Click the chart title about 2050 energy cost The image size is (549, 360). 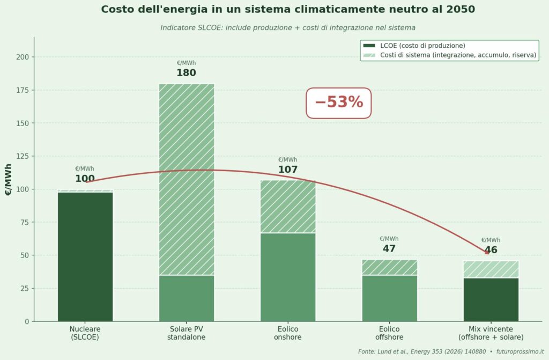[287, 10]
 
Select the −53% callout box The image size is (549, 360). [338, 102]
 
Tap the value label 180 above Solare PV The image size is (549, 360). [186, 73]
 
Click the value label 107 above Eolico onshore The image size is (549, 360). [287, 170]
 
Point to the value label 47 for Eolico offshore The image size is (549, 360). [389, 248]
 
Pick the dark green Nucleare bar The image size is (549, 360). [85, 256]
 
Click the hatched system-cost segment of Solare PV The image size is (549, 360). [186, 179]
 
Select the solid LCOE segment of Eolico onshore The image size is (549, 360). [287, 277]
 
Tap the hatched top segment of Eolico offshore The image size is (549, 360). [389, 267]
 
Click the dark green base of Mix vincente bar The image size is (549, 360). [491, 299]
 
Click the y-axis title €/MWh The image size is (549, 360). [9, 179]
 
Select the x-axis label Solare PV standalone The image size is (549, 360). [186, 333]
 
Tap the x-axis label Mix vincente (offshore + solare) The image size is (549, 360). [491, 333]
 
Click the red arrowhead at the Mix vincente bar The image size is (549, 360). [486, 252]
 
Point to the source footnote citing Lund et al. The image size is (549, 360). [450, 351]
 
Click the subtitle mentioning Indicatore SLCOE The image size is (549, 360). [287, 27]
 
